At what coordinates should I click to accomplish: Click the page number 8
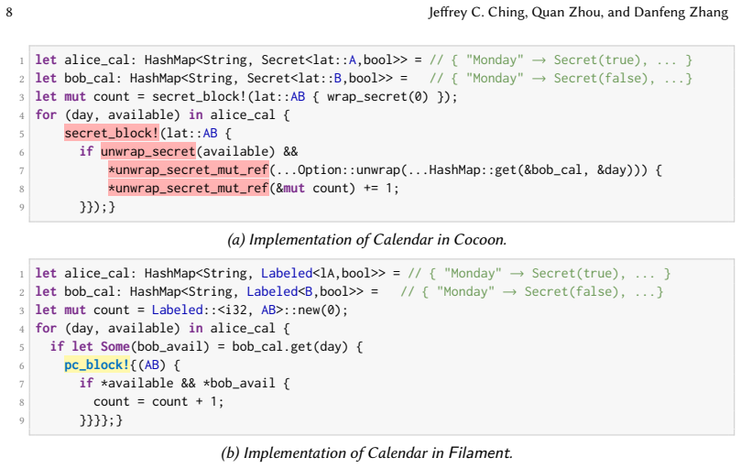[9, 12]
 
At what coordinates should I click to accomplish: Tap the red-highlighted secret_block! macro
[112, 134]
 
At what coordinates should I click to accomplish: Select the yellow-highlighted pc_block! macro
[97, 365]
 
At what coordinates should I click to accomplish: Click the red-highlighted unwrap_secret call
[147, 151]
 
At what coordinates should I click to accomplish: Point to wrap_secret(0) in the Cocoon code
[377, 96]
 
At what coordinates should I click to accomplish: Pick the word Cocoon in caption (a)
[480, 240]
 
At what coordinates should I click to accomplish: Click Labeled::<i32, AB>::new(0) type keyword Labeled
[177, 310]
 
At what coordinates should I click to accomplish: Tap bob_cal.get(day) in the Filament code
[289, 346]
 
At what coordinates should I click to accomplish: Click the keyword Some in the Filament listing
[115, 346]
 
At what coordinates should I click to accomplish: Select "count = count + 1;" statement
[158, 402]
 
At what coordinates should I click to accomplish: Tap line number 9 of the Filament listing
[22, 420]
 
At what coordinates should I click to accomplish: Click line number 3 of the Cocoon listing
[22, 97]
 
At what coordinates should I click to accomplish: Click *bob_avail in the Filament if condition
[239, 383]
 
